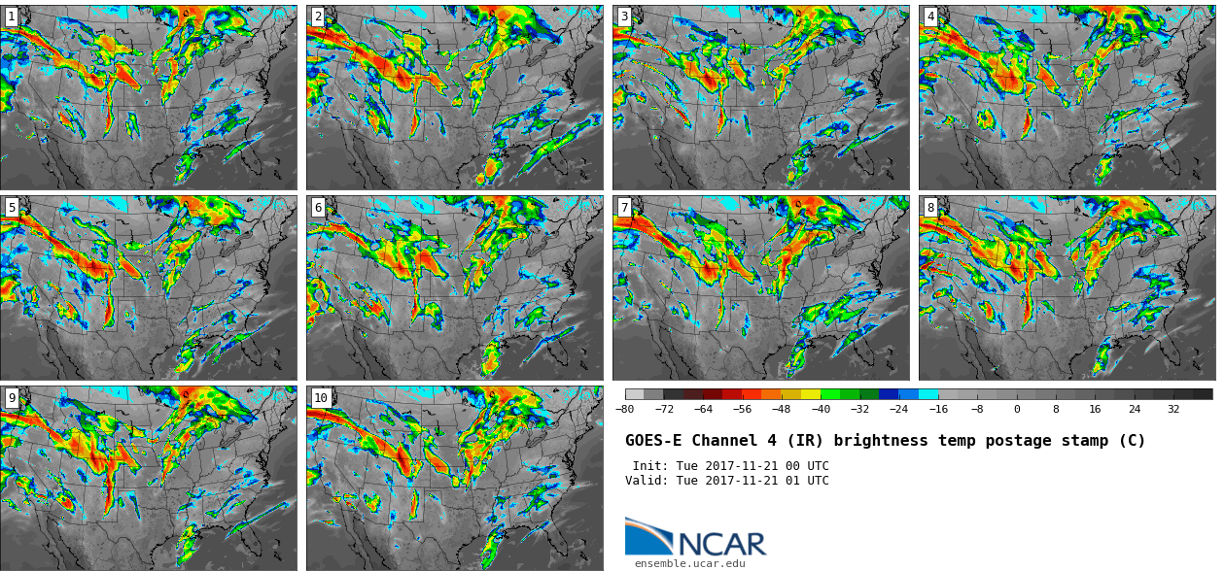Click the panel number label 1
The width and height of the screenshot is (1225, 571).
(11, 17)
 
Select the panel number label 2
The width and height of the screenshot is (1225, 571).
(318, 17)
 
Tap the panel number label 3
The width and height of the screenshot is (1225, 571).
(624, 17)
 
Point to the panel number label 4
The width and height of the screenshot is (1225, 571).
(930, 17)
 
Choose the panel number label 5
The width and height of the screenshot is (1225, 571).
(11, 207)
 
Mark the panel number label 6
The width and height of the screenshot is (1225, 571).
(318, 207)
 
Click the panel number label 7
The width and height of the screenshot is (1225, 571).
(624, 207)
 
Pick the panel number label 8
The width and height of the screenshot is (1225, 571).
(930, 207)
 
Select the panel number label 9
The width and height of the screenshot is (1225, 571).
(11, 397)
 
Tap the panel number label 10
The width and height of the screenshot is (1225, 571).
(321, 397)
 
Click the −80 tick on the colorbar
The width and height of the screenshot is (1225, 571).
(624, 410)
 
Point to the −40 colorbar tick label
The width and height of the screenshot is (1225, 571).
(821, 410)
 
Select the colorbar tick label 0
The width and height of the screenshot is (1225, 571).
(1017, 410)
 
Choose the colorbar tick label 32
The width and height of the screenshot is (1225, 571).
(1173, 410)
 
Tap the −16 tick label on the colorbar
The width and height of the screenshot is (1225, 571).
(938, 410)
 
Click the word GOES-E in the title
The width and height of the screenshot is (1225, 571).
(652, 441)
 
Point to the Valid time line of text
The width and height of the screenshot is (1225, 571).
(727, 481)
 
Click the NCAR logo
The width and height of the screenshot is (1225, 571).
(695, 538)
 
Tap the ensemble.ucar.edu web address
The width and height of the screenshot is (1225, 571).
(689, 563)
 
